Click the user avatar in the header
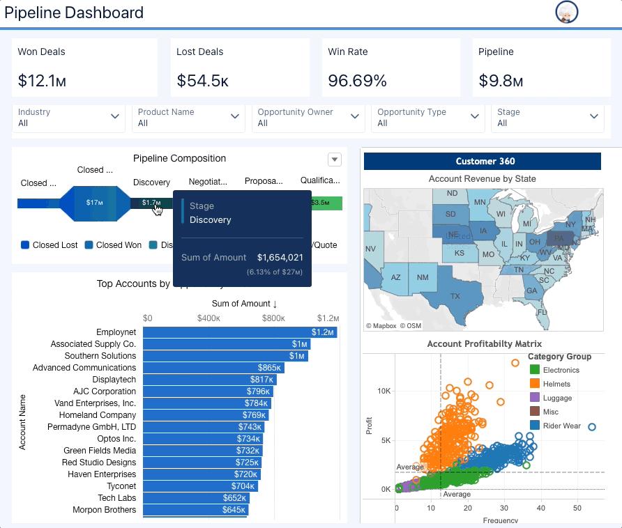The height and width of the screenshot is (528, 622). [x=567, y=13]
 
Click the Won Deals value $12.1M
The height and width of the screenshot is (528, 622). [x=42, y=81]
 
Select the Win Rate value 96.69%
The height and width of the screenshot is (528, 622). [x=357, y=81]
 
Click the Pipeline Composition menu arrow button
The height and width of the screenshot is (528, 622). [x=335, y=160]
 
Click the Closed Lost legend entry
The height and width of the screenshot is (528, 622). [x=50, y=245]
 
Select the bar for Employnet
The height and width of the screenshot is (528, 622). [x=239, y=332]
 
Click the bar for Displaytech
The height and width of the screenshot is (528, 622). [x=209, y=380]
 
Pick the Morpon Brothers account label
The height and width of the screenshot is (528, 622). [x=104, y=510]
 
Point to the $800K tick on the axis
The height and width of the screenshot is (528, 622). [x=273, y=318]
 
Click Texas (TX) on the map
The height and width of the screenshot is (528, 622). [x=455, y=295]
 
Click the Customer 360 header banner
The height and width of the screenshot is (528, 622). [x=482, y=161]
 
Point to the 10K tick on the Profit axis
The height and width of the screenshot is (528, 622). [x=384, y=391]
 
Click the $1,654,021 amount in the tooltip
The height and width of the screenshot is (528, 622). [x=280, y=258]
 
